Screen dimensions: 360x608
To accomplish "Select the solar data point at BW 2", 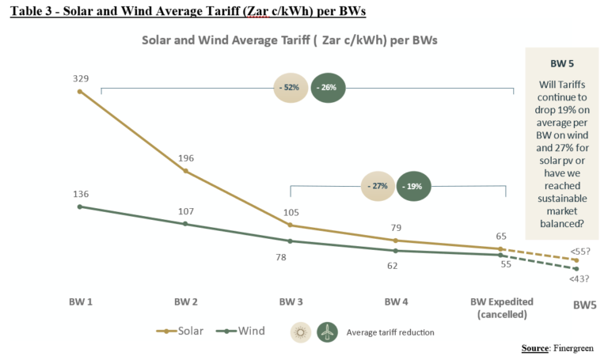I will pos(185,171).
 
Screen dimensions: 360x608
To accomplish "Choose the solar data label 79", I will pos(396,228).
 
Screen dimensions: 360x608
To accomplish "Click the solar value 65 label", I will pos(501,236).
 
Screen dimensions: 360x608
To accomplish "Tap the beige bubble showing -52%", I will pos(290,88).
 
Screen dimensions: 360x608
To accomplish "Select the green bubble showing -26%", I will pos(327,88).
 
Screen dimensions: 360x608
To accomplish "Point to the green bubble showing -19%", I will pos(414,187).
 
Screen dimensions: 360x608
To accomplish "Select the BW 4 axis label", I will pos(396,302).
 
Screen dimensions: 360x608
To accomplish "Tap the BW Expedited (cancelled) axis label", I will pos(501,308).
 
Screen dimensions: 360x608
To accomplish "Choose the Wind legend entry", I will pos(242,331).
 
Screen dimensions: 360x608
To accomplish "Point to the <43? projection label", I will pos(579,279).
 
